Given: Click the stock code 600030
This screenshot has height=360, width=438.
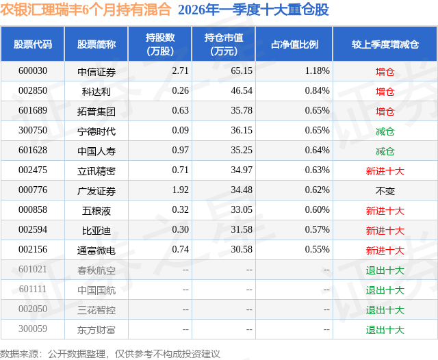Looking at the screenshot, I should pyautogui.click(x=33, y=71).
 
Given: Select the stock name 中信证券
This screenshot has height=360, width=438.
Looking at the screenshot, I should pyautogui.click(x=96, y=71).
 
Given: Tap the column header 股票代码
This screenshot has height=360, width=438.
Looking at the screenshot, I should pyautogui.click(x=33, y=44).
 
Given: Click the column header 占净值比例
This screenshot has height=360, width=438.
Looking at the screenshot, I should pyautogui.click(x=294, y=44).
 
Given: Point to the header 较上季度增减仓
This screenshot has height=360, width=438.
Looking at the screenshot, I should pyautogui.click(x=385, y=44).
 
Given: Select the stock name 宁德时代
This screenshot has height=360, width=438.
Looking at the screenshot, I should pyautogui.click(x=96, y=131).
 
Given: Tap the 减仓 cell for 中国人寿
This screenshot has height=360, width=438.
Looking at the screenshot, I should pyautogui.click(x=385, y=151).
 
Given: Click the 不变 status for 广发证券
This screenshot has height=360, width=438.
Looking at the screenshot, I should pyautogui.click(x=385, y=190).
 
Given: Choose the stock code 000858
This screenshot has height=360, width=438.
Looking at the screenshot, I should pyautogui.click(x=33, y=210).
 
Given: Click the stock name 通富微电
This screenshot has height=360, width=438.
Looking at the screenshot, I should pyautogui.click(x=96, y=250).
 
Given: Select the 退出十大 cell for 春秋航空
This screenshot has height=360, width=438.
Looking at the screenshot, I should pyautogui.click(x=385, y=270).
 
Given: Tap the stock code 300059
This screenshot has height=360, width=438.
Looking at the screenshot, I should pyautogui.click(x=33, y=329).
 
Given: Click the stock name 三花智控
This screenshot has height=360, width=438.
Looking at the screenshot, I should pyautogui.click(x=96, y=309).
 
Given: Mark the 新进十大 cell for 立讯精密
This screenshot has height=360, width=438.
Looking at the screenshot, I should pyautogui.click(x=385, y=170).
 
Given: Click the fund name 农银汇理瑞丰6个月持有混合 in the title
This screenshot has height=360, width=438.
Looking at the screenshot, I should pyautogui.click(x=86, y=10).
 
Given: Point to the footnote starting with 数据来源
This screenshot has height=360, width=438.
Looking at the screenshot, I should pyautogui.click(x=110, y=353).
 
